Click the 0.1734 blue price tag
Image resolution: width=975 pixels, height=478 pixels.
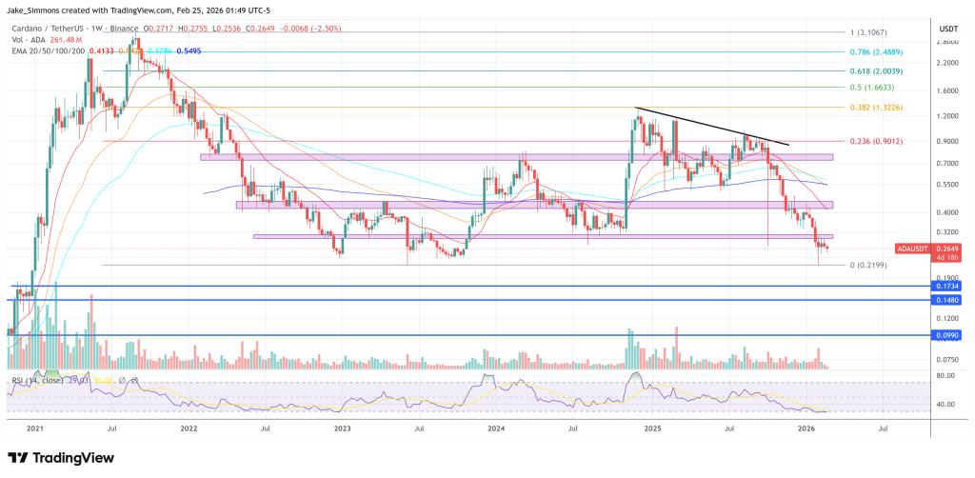pyautogui.click(x=948, y=286)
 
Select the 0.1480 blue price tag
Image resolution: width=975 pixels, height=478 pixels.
pyautogui.click(x=948, y=300)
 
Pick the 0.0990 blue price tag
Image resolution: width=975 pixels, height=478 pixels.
pyautogui.click(x=948, y=335)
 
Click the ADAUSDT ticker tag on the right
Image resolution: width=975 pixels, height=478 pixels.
pyautogui.click(x=913, y=248)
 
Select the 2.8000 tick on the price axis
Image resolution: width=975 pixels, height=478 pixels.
pyautogui.click(x=946, y=42)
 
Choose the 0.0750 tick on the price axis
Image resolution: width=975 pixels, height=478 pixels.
pyautogui.click(x=946, y=360)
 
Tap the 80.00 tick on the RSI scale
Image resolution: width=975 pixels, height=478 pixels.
pyautogui.click(x=945, y=376)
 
